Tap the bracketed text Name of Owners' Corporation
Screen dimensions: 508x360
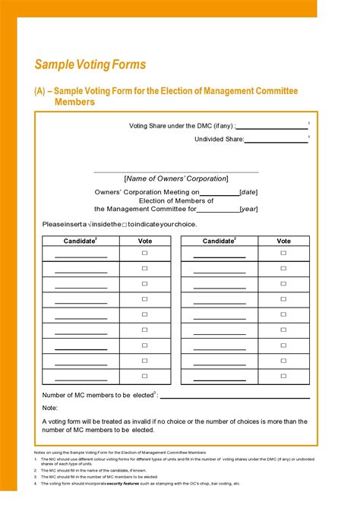coord(175,178)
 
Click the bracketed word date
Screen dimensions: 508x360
coord(249,193)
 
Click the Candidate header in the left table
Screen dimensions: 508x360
coord(80,241)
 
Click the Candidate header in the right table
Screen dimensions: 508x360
coord(219,241)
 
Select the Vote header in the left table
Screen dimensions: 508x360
coord(144,241)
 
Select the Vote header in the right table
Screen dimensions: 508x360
coord(283,241)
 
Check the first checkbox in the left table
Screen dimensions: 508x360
coord(144,254)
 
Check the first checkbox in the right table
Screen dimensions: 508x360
coord(283,254)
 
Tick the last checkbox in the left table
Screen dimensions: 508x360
coord(144,377)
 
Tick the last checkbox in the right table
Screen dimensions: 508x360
coord(283,377)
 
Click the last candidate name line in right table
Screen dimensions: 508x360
coord(219,380)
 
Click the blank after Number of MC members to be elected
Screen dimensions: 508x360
coord(235,396)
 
